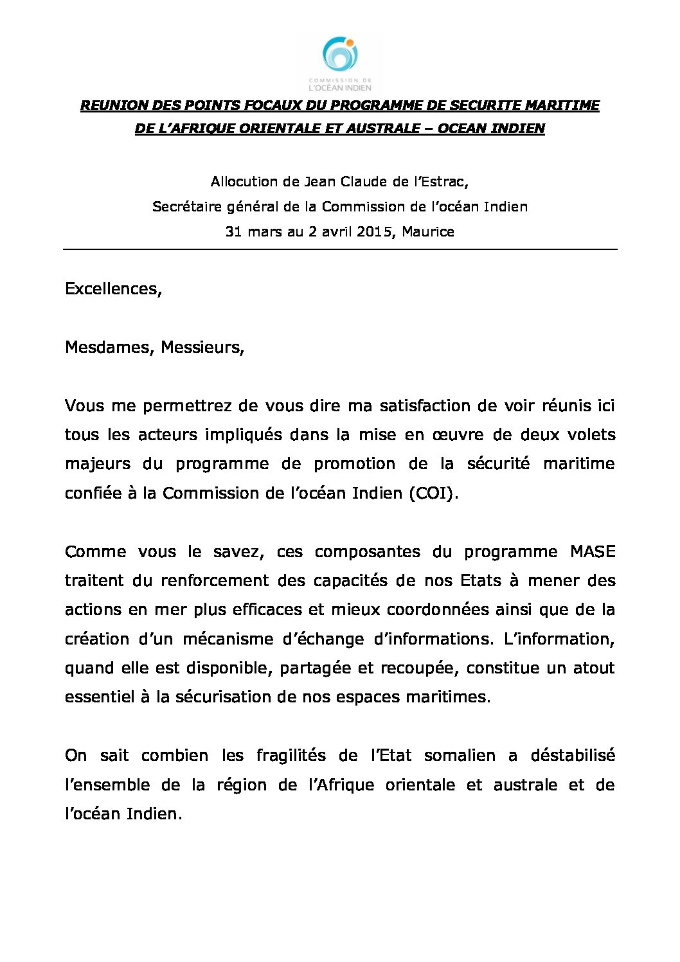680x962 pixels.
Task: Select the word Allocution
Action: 244,182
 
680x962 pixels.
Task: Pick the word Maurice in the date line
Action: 428,231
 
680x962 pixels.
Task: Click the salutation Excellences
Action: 112,289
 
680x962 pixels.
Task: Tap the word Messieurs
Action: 202,348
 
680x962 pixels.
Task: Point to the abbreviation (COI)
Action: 434,493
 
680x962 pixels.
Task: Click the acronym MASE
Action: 593,551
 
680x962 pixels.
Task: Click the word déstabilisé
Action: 573,755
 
